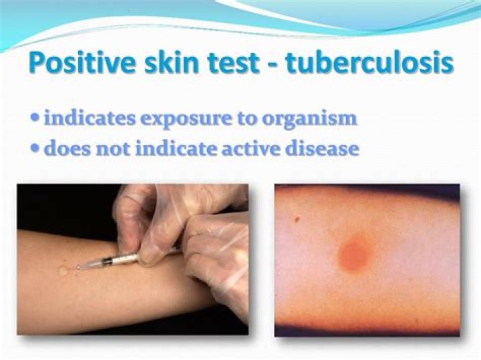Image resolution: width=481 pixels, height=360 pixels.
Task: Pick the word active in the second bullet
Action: coord(251,148)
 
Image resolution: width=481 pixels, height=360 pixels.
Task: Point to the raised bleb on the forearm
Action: coord(64,271)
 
